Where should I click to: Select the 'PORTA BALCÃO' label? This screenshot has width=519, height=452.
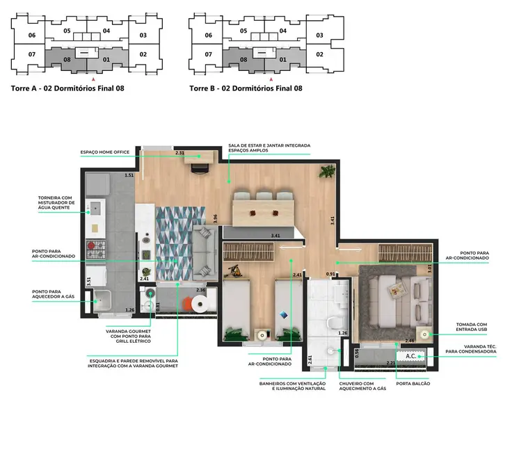(413, 383)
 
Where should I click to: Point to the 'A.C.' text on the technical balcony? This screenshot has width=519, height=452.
(412, 357)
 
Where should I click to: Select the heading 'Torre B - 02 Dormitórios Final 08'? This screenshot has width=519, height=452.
(246, 88)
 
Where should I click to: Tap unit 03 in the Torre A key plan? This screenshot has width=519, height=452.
(143, 35)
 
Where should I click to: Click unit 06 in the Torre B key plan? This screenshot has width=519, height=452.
(209, 35)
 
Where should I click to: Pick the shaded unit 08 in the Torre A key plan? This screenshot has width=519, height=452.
(67, 60)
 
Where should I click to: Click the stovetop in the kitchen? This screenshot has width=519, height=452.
(94, 247)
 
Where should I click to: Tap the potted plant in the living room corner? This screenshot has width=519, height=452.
(325, 172)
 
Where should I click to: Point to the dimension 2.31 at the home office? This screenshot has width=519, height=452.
(179, 152)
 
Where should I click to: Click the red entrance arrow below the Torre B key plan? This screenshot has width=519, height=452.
(261, 81)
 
